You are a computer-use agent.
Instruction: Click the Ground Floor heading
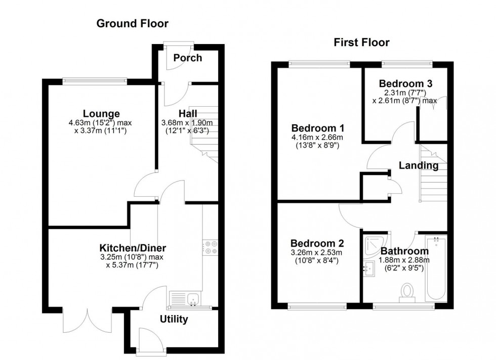point(132,23)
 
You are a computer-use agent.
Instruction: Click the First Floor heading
point(361,42)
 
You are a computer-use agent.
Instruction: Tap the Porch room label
point(187,58)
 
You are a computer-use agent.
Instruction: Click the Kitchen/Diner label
point(133,248)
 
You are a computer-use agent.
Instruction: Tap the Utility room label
point(174,319)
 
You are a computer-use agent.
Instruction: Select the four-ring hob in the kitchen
point(211,247)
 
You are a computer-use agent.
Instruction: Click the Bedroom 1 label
point(314,128)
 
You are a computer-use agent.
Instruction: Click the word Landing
point(418,165)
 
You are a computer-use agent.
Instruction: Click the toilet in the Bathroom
point(407,292)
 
